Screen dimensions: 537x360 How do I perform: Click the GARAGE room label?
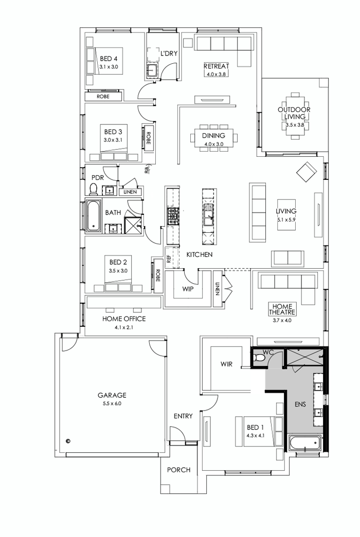pos(112,395)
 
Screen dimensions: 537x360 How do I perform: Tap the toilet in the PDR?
pos(94,190)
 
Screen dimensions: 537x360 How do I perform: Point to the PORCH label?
pos(179,470)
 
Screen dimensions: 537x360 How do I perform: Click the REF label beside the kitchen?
pos(168,253)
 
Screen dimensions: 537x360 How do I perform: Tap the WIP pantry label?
pos(188,289)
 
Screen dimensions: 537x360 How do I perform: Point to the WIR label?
pos(226,364)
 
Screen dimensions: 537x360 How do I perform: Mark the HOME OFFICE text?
pos(123,319)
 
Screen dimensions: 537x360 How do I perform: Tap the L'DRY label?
pos(169,53)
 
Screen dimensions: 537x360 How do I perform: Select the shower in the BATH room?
pos(133,225)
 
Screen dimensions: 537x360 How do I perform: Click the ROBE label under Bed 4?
pos(103,96)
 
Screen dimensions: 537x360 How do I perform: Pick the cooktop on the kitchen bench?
pos(172,216)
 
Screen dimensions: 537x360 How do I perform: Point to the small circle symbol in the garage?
pos(68,440)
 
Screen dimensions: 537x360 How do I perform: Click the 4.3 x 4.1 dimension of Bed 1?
pos(255,436)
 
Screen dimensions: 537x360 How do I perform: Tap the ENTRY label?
pos(183,416)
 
